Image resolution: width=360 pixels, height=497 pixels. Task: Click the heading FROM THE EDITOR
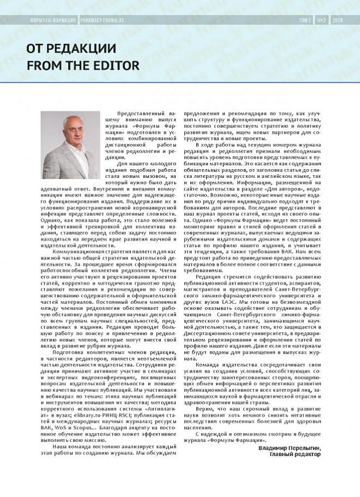pyautogui.click(x=83, y=66)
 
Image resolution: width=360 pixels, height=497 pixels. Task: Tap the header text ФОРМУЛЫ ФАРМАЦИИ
pyautogui.click(x=53, y=20)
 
